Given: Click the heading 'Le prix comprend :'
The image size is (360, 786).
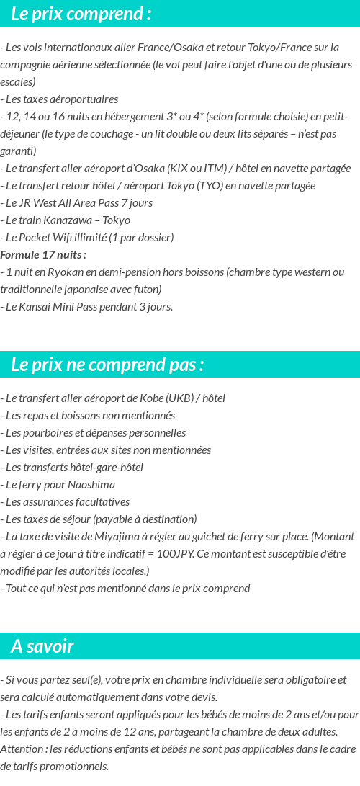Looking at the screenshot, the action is pos(81,14).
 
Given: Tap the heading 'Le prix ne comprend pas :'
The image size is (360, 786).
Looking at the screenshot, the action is pos(107,365).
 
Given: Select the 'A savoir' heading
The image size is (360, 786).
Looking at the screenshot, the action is pos(42,646).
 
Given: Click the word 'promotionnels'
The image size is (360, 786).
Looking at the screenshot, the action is pos(77,767).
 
